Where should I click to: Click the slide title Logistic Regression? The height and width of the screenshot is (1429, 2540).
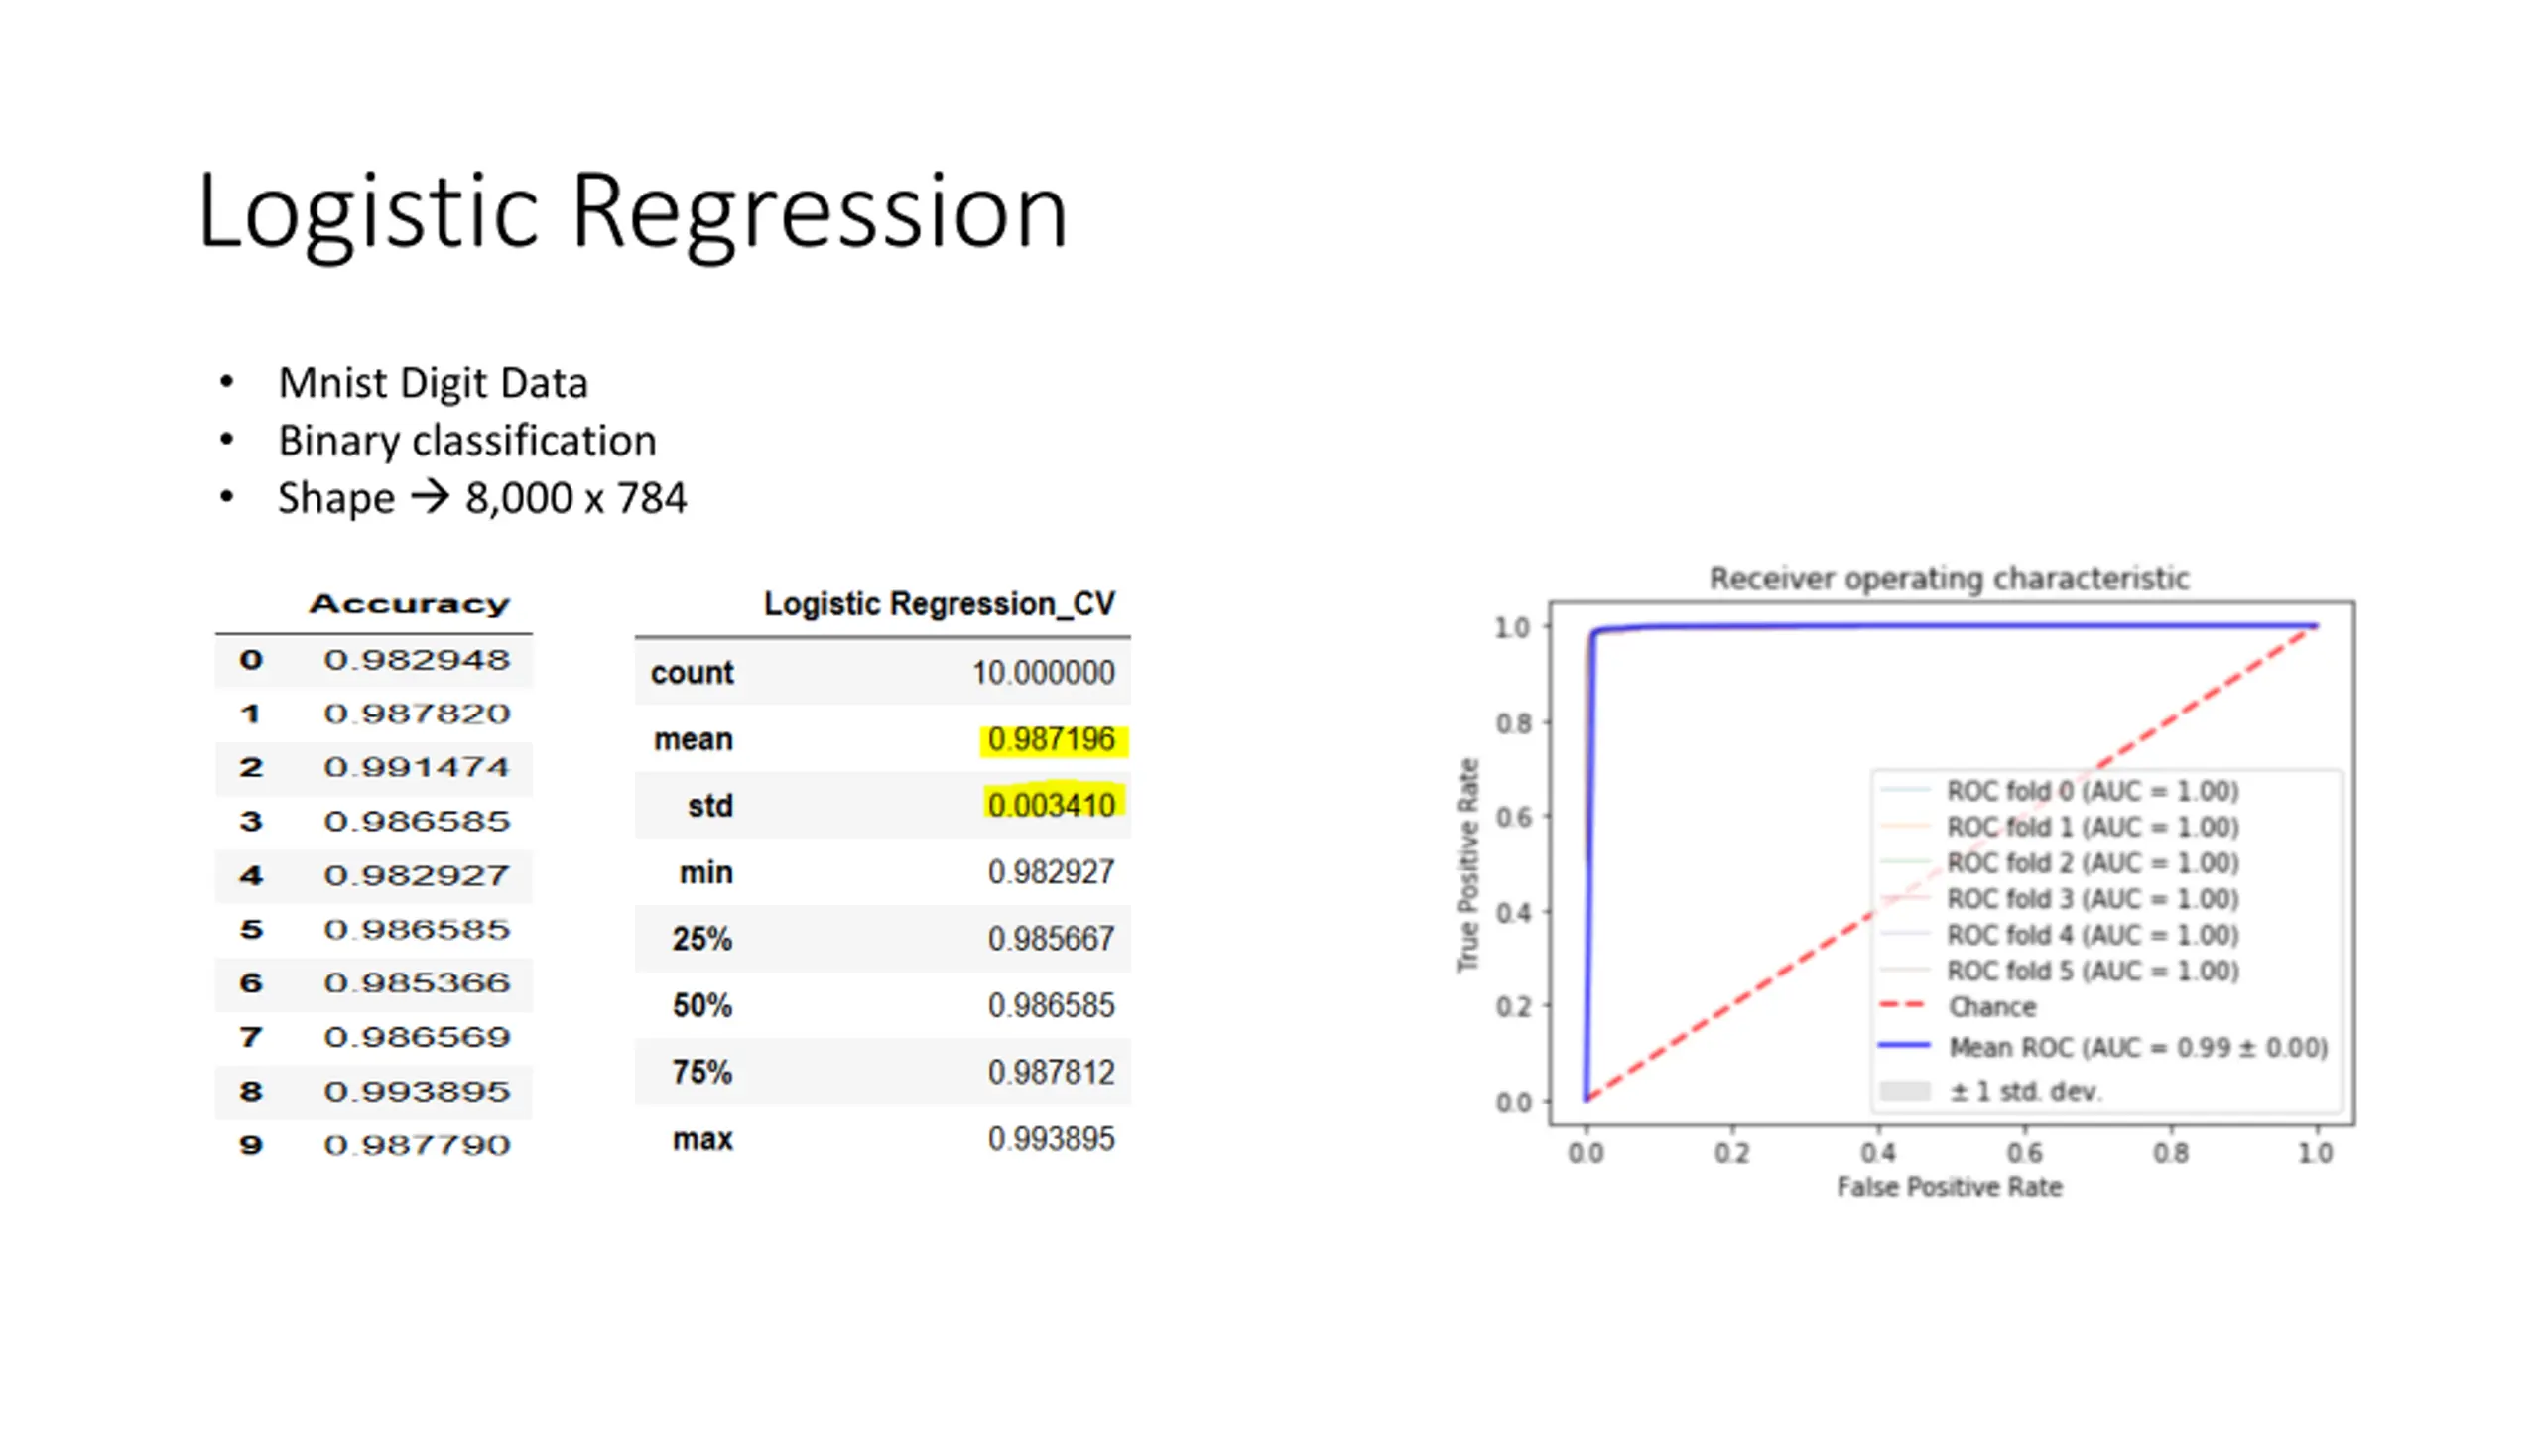tap(632, 211)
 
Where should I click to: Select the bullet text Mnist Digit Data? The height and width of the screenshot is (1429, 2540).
tap(433, 383)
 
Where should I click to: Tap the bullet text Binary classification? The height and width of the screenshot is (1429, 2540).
tap(466, 441)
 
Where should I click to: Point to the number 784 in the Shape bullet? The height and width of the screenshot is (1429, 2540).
tap(651, 498)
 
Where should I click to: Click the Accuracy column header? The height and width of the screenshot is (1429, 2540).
tap(409, 604)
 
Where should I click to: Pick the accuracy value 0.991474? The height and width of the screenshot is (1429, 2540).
tap(417, 767)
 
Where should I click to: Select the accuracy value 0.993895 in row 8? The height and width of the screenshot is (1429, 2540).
tap(417, 1091)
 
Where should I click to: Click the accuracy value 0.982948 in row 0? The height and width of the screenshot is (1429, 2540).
tap(417, 660)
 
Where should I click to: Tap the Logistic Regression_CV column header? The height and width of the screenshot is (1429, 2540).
tap(939, 603)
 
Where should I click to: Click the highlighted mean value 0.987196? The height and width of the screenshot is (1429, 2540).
tap(1051, 739)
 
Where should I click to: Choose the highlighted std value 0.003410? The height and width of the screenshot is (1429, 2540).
tap(1051, 805)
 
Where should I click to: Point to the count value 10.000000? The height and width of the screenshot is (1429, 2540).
tap(1043, 673)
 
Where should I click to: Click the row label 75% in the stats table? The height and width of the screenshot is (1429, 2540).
tap(701, 1073)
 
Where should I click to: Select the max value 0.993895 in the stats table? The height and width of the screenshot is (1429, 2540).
tap(1051, 1139)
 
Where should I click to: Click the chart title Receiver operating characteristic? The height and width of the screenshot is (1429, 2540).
tap(1949, 579)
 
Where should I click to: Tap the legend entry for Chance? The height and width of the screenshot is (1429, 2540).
tap(1991, 1007)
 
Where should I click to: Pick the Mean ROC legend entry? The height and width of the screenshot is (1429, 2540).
tap(2137, 1048)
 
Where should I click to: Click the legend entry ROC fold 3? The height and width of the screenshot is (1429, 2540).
tap(2092, 899)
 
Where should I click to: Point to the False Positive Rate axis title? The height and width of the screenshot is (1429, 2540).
tap(1949, 1187)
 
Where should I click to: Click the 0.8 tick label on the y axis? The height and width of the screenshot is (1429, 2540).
tap(1513, 723)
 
